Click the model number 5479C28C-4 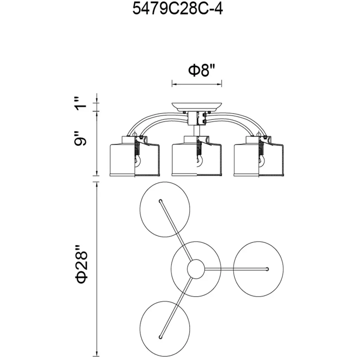pyautogui.click(x=178, y=9)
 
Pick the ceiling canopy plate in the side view pyautogui.click(x=197, y=107)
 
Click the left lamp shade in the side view pyautogui.click(x=135, y=156)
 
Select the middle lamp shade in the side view pyautogui.click(x=197, y=156)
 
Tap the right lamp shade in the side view pyautogui.click(x=259, y=156)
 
